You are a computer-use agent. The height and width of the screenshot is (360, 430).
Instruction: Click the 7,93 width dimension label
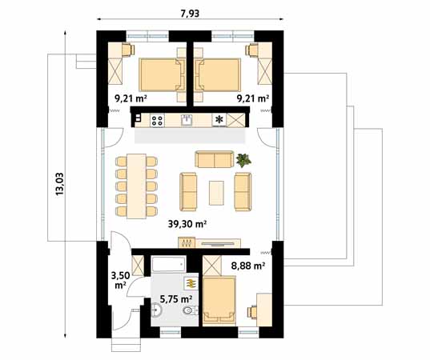[x=190, y=14]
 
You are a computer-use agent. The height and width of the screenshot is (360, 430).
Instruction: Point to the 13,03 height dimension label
[x=59, y=184]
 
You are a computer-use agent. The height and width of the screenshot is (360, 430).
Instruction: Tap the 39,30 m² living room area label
[x=187, y=224]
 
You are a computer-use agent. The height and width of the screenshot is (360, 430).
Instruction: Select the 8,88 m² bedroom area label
[x=248, y=266]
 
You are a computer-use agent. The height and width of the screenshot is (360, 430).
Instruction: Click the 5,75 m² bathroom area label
[x=176, y=299]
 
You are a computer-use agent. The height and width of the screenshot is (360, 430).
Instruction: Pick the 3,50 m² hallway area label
[x=120, y=280]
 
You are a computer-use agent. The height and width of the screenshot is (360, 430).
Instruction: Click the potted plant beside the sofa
[x=243, y=160]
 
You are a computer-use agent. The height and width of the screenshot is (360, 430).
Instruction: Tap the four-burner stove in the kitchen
[x=157, y=121]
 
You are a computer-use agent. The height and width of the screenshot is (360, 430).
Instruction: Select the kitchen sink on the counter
[x=187, y=120]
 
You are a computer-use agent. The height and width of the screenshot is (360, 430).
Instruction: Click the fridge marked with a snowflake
[x=219, y=120]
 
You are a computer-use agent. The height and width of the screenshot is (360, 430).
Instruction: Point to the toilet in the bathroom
[x=191, y=310]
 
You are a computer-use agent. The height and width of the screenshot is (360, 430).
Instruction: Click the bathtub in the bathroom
[x=168, y=264]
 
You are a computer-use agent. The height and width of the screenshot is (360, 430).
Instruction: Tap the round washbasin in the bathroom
[x=157, y=310]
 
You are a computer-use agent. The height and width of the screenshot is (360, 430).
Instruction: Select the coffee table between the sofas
[x=216, y=193]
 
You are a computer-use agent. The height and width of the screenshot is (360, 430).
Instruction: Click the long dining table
[x=136, y=186]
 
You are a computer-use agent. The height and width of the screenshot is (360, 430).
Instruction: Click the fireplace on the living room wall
[x=187, y=242]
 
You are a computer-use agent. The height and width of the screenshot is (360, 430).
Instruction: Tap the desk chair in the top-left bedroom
[x=128, y=50]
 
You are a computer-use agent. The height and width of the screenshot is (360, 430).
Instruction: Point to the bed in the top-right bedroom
[x=218, y=74]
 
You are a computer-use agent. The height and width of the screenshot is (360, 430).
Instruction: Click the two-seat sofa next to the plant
[x=214, y=159]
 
